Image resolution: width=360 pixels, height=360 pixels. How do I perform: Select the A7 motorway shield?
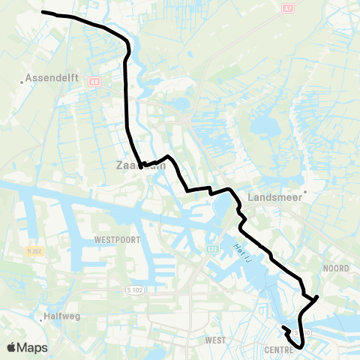click(289, 8)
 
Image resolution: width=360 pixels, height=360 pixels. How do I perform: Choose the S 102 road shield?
click(134, 289)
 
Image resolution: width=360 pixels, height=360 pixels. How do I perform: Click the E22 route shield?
click(213, 248)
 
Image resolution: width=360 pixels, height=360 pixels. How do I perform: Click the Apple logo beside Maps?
click(12, 347)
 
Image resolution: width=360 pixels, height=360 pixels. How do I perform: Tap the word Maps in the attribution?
click(33, 347)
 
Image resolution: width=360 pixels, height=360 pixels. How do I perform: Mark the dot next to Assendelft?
click(22, 77)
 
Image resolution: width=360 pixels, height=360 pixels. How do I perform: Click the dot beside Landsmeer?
click(305, 190)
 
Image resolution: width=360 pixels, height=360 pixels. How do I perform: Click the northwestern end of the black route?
click(43, 12)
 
